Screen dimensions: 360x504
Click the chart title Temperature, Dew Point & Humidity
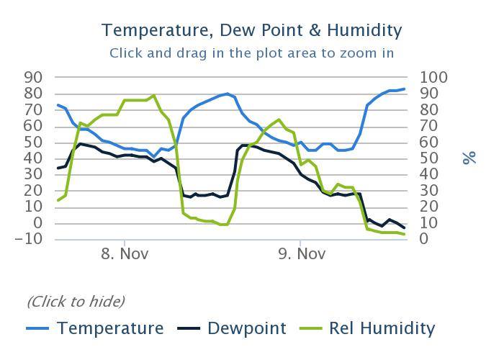point(251,30)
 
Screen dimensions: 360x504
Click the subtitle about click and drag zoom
point(251,53)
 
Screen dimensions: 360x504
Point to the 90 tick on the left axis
point(34,77)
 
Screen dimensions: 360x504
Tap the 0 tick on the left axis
point(38,223)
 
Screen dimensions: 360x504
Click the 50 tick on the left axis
point(34,142)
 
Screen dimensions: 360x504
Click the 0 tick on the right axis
point(423,239)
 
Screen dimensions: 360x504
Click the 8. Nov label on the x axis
point(125,254)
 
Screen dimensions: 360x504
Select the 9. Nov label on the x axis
point(300,254)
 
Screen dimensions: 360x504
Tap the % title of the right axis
point(469,157)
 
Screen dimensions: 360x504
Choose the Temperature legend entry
point(110,328)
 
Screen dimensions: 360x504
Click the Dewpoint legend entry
point(246,328)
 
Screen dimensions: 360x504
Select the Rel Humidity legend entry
point(382,328)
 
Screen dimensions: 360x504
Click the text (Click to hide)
point(76,301)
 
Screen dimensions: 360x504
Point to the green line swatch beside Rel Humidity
point(311,329)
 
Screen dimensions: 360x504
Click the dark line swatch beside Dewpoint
point(189,329)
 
